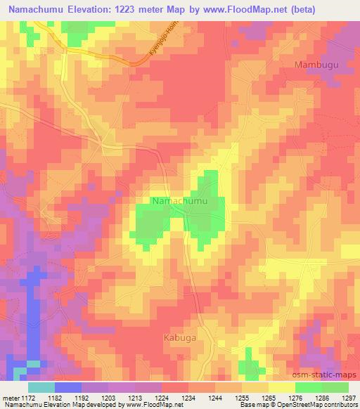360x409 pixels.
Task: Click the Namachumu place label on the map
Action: (x=180, y=202)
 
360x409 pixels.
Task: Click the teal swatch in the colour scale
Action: (x=41, y=387)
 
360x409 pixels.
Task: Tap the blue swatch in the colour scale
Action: (x=68, y=387)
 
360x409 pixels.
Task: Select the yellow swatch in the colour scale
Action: (x=282, y=387)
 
